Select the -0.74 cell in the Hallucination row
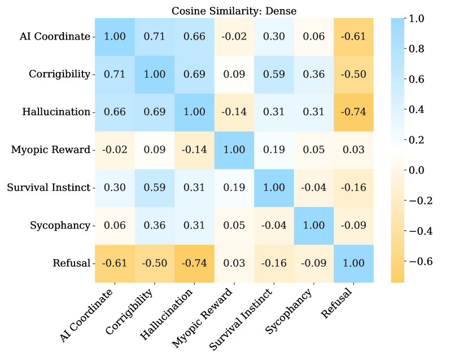(x=353, y=112)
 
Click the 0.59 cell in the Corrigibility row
(x=273, y=74)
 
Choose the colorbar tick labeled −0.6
(x=420, y=261)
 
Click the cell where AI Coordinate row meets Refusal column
(x=353, y=36)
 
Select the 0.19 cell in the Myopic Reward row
(x=273, y=150)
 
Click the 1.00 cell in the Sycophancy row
(x=313, y=225)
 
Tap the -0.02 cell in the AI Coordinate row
(x=234, y=36)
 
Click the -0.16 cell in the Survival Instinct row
(x=353, y=187)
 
